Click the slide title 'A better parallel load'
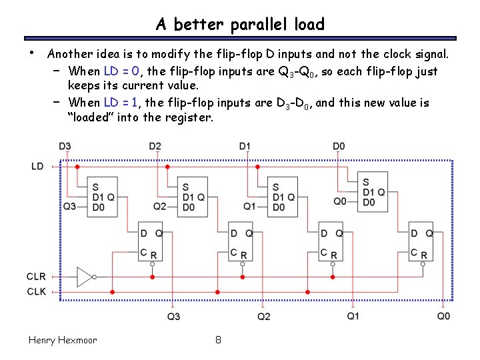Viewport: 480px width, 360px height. click(240, 25)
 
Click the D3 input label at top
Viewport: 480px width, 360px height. click(65, 146)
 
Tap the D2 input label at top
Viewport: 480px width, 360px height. click(155, 146)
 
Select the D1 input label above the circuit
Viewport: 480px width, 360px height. click(245, 146)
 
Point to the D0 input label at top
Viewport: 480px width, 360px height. click(339, 146)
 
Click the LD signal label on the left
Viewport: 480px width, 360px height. click(38, 166)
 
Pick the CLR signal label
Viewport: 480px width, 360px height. click(37, 276)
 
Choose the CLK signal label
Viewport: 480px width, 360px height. click(37, 291)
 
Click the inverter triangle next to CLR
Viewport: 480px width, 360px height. click(85, 276)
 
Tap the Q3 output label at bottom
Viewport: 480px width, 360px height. click(173, 316)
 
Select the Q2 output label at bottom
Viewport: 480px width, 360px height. click(264, 316)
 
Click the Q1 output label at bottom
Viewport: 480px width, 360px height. click(353, 315)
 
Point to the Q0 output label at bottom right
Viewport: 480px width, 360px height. click(443, 315)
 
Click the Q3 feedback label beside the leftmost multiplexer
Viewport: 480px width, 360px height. click(69, 207)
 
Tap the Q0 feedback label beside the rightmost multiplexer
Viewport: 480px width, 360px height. click(340, 201)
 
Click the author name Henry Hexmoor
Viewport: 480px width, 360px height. click(63, 340)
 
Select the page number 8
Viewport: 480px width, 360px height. click(218, 340)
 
